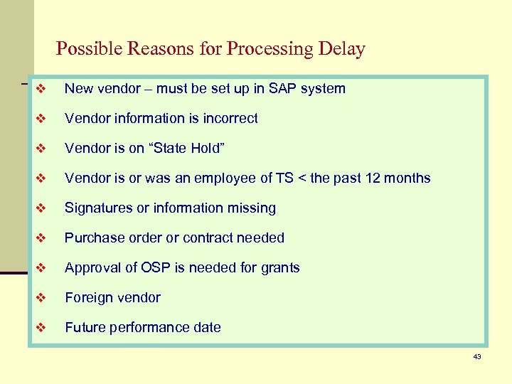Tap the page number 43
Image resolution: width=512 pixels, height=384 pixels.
point(477,356)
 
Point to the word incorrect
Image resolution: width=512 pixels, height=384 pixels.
point(230,119)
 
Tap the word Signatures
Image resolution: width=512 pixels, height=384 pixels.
point(97,208)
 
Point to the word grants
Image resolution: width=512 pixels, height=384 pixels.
point(279,268)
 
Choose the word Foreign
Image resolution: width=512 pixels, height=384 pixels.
point(88,298)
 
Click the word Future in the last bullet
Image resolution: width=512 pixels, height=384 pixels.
point(85,328)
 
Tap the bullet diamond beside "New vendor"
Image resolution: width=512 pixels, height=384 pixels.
point(41,89)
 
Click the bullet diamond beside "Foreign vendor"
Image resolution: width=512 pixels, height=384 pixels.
point(41,298)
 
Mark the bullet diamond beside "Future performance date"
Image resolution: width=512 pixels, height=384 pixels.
point(41,328)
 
